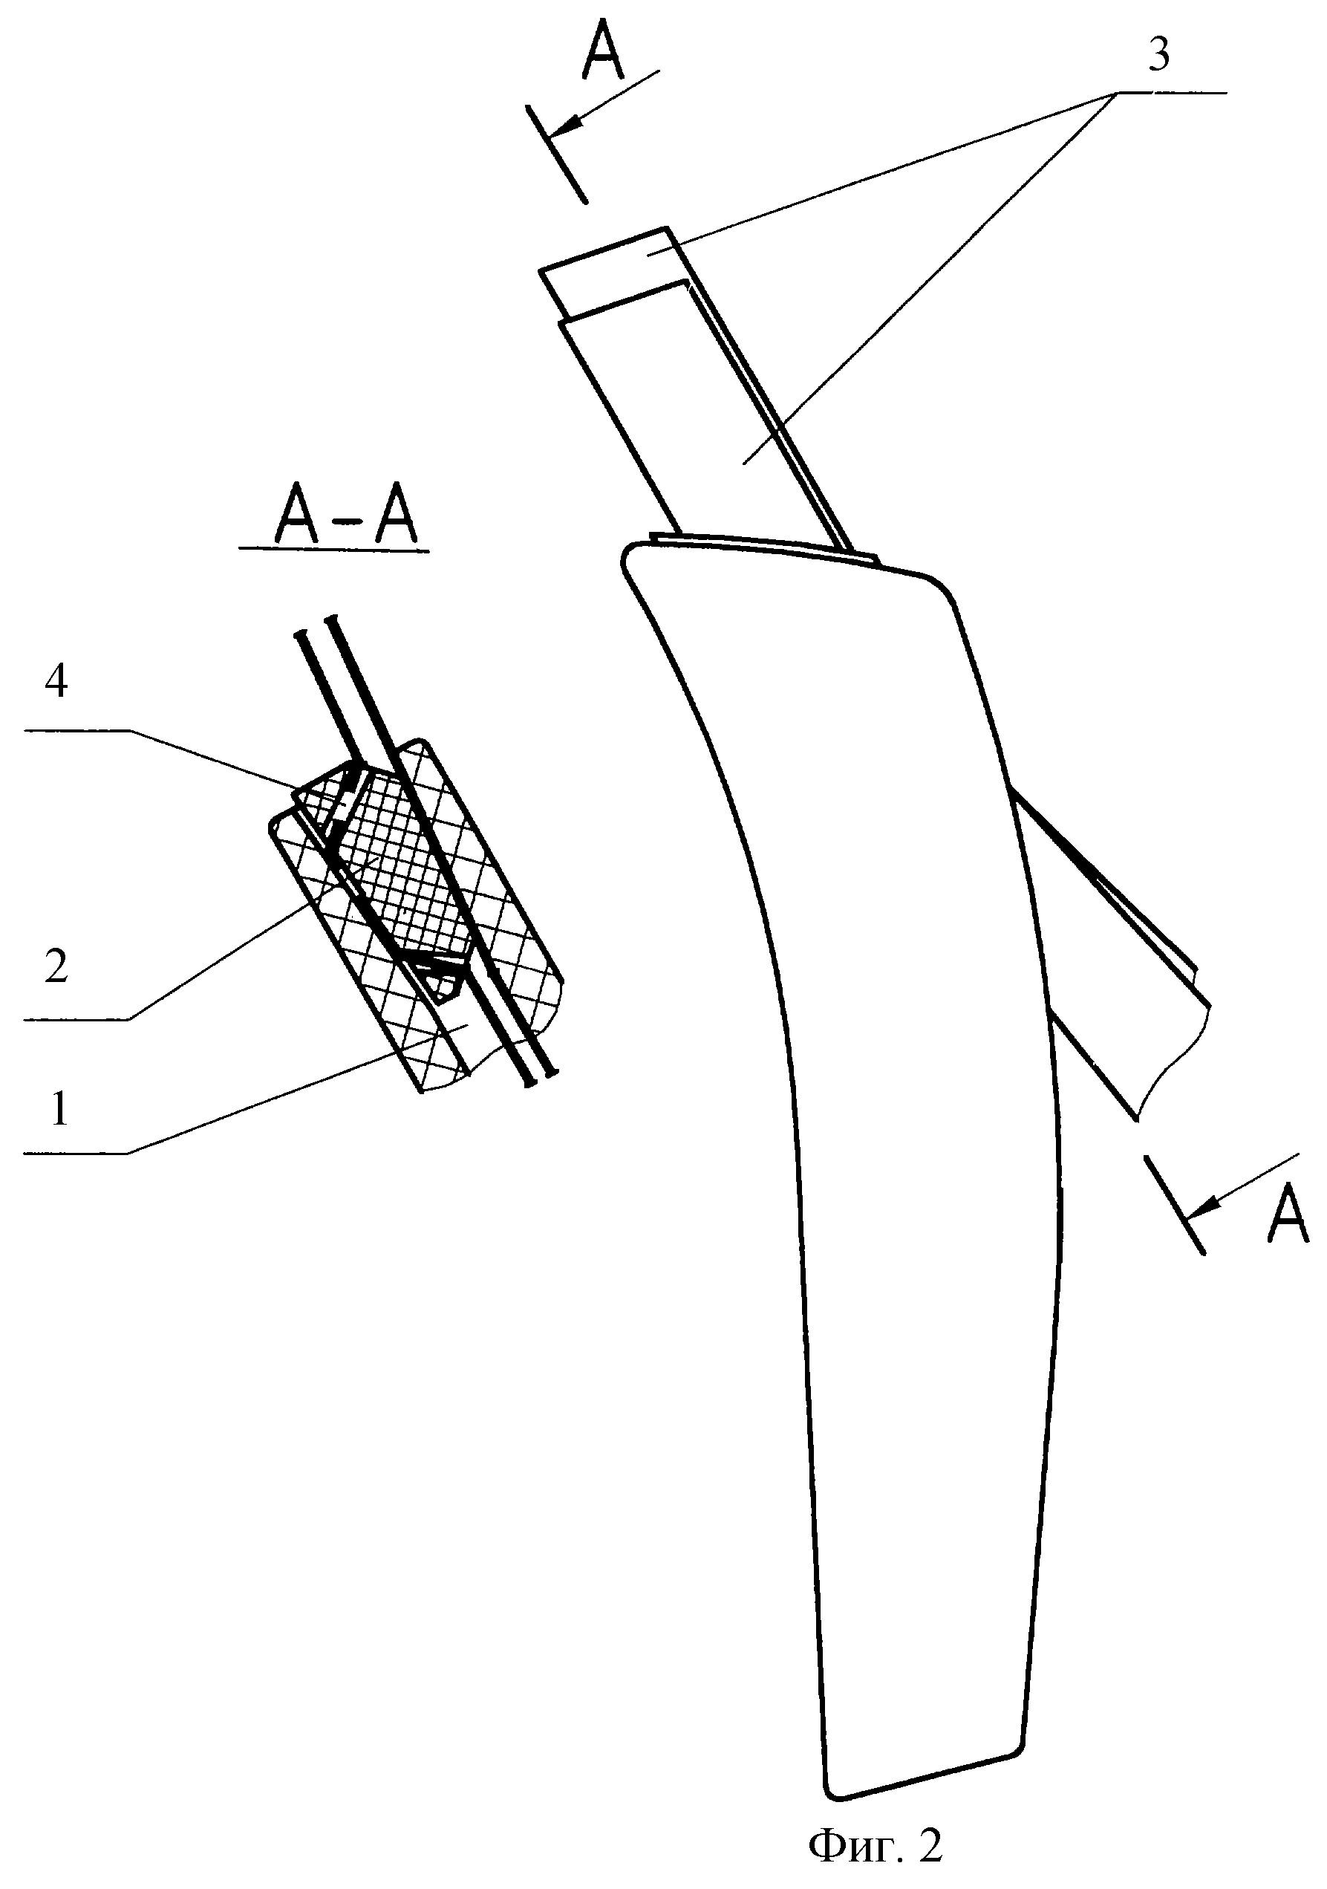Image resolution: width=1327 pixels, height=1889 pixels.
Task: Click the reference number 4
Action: click(x=56, y=683)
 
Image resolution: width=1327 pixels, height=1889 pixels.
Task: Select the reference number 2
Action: click(x=56, y=968)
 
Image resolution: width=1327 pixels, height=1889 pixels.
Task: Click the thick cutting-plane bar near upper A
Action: click(x=558, y=154)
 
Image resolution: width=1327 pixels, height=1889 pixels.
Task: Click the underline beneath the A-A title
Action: click(x=333, y=549)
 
